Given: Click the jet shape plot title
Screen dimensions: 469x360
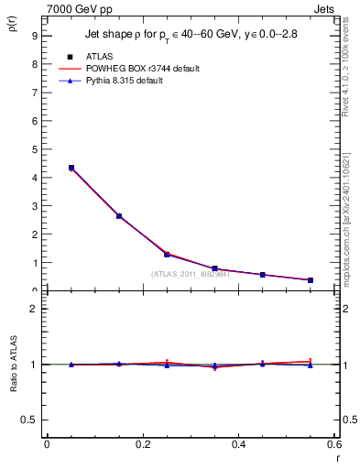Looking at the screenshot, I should [190, 36].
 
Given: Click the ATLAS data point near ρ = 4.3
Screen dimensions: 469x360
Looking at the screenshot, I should [71, 168].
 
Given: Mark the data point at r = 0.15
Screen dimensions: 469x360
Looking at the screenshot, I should [119, 216].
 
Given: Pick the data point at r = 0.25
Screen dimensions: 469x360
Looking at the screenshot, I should [167, 254].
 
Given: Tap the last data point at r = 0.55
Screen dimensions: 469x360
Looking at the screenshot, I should [311, 280].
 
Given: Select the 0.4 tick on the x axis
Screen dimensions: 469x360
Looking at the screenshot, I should [238, 444].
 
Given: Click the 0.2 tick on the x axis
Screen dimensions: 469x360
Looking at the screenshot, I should [143, 444].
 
